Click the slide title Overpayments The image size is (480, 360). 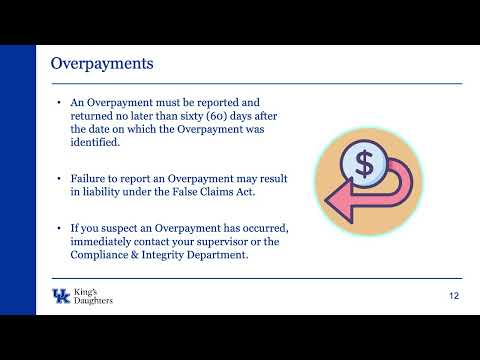(x=102, y=64)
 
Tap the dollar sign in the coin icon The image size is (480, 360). (x=364, y=164)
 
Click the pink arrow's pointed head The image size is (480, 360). (x=339, y=201)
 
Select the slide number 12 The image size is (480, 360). (x=454, y=296)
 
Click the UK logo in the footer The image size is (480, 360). (x=61, y=296)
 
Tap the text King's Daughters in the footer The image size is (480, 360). (x=93, y=296)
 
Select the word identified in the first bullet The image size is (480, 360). (x=95, y=142)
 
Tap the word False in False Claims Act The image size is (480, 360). (x=184, y=192)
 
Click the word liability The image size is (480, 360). (x=101, y=192)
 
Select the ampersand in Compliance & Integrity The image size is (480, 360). (x=134, y=255)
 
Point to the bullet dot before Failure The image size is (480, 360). (x=59, y=179)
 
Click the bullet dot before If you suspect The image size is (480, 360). (x=59, y=229)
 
